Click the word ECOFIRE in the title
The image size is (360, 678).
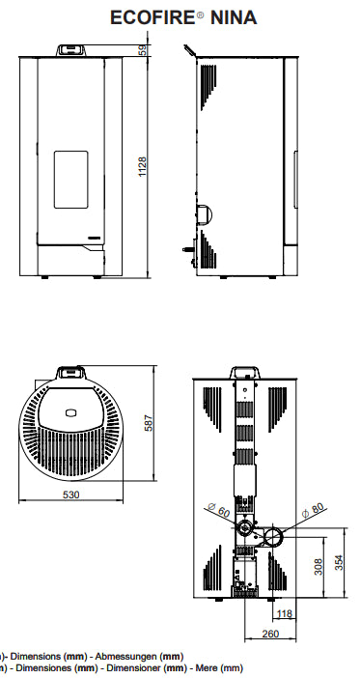(x=153, y=17)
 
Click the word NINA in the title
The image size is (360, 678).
(x=234, y=17)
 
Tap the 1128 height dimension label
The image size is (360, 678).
(x=143, y=167)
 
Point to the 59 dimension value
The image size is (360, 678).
(x=143, y=50)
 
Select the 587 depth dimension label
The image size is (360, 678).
(x=149, y=423)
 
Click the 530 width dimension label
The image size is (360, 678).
(x=70, y=494)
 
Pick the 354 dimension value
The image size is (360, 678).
(x=340, y=562)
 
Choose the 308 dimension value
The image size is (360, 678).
(x=318, y=566)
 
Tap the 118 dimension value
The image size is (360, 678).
(x=285, y=613)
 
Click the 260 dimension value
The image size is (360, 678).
(x=270, y=634)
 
